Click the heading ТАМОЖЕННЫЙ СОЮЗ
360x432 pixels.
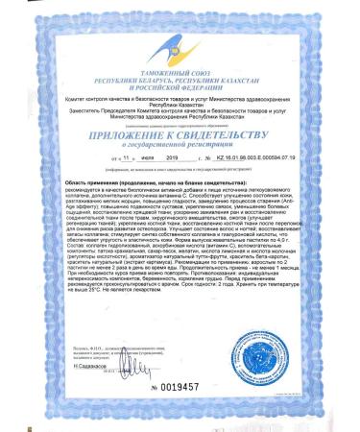tap(180, 60)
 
